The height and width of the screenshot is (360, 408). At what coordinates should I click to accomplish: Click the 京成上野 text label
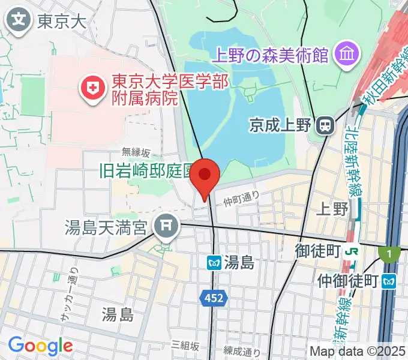point(281,125)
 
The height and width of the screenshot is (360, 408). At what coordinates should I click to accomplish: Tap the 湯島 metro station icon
point(214,262)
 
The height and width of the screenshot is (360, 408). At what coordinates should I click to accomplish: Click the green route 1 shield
point(389,254)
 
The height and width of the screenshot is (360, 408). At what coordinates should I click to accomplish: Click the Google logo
point(40,346)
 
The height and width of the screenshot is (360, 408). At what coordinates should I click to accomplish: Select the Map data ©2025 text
point(358,350)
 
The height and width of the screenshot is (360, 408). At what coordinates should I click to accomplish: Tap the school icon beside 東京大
point(20,21)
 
